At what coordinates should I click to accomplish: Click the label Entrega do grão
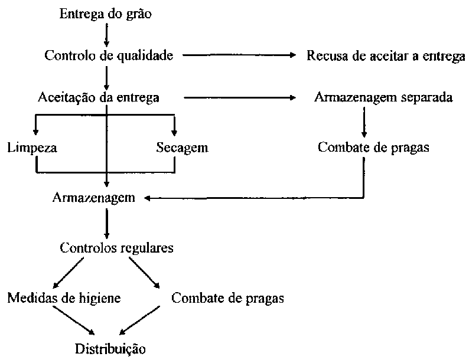(106, 14)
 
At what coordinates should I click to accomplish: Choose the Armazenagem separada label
(383, 97)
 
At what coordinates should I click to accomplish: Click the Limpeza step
(32, 147)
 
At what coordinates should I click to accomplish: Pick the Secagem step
(182, 147)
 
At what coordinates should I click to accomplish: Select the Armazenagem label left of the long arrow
(93, 198)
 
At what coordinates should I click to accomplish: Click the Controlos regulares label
(117, 247)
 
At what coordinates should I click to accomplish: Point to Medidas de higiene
(64, 298)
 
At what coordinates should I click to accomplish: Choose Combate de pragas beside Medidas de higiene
(227, 298)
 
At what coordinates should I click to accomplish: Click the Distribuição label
(109, 348)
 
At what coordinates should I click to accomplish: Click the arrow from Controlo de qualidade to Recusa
(239, 55)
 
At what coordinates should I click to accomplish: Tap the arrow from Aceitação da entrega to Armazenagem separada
(239, 97)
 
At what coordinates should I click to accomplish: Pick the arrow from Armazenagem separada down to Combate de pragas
(363, 122)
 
